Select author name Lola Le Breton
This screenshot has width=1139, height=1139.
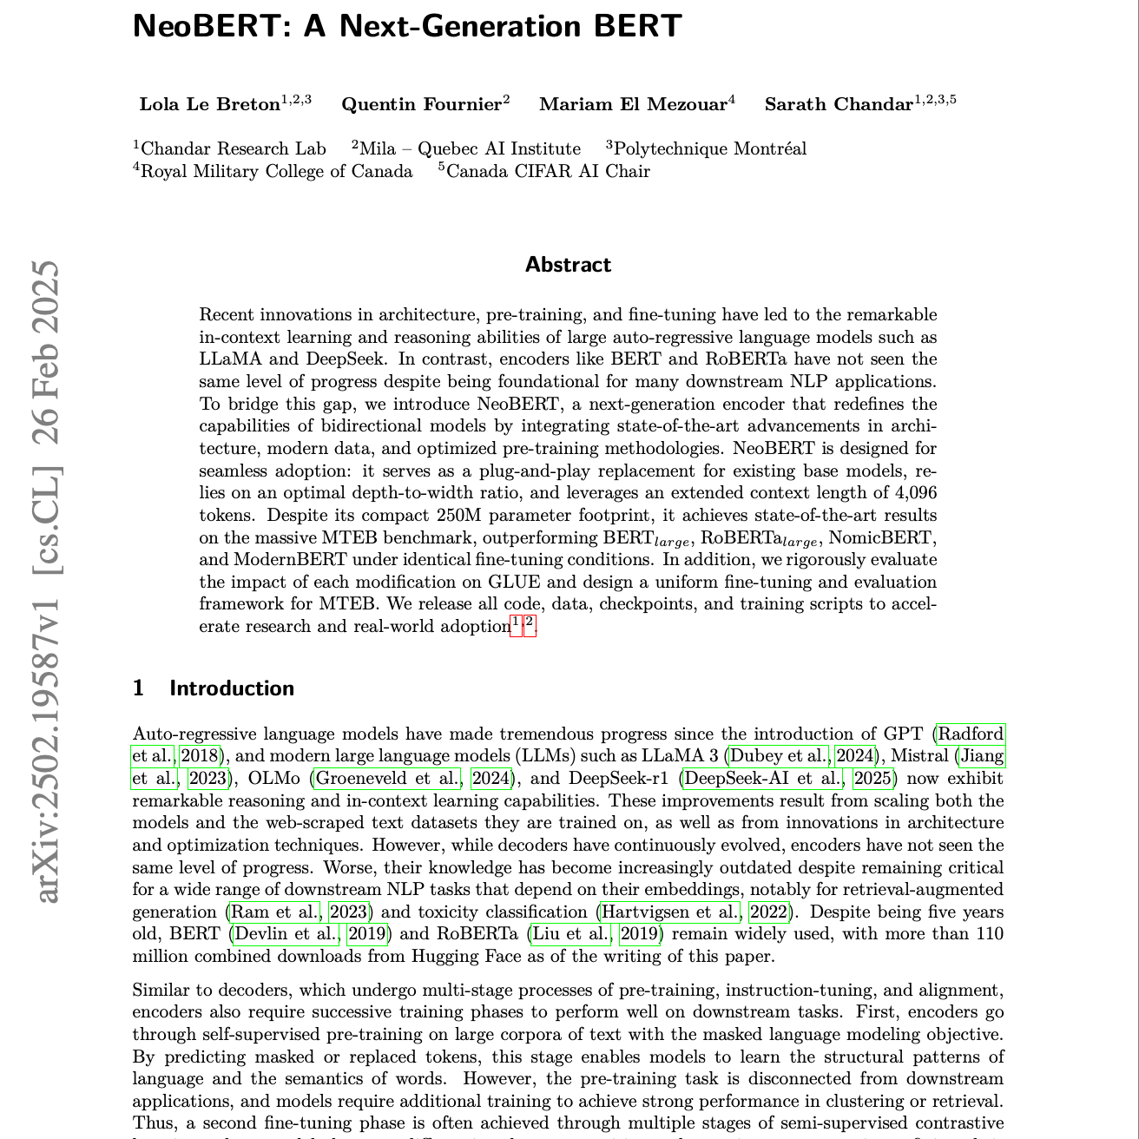click(209, 105)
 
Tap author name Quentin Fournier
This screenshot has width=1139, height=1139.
click(421, 105)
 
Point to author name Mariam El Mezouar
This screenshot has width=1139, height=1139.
click(633, 105)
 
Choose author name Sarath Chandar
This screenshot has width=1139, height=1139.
click(839, 105)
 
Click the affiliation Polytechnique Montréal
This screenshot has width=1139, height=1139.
click(709, 149)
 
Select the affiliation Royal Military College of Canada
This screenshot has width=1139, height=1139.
click(276, 171)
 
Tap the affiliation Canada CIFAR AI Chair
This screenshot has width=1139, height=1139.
click(548, 171)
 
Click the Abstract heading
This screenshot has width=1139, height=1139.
click(568, 265)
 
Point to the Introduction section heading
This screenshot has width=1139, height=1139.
click(232, 688)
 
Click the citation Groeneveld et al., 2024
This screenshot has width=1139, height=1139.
click(412, 779)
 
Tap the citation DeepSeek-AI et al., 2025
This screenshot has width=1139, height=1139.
click(787, 779)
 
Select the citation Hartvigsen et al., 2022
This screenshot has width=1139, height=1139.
click(694, 912)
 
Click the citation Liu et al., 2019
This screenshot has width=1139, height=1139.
click(595, 935)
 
